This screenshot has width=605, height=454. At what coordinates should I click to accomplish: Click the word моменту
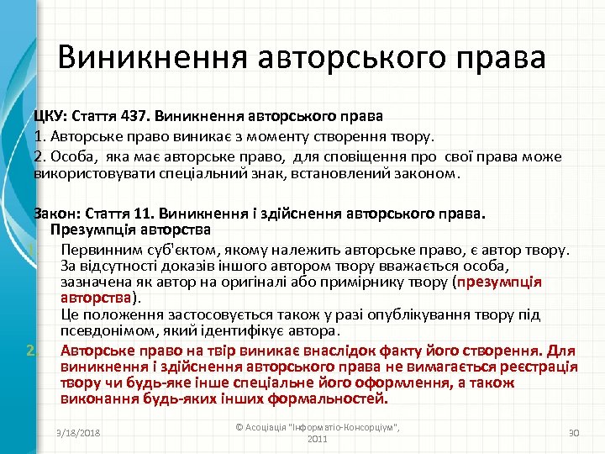[258, 136]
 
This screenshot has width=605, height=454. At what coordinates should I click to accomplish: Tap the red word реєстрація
[537, 367]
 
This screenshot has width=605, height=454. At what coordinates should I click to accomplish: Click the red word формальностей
[329, 399]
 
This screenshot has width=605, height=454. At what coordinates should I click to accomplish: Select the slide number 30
[574, 432]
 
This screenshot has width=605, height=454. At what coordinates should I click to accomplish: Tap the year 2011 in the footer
[318, 439]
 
